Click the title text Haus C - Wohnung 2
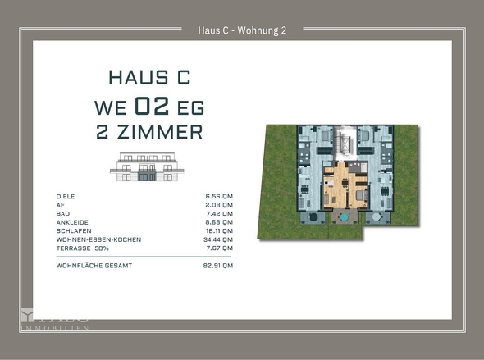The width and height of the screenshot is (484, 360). pyautogui.click(x=241, y=31)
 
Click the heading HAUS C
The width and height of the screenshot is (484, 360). pyautogui.click(x=149, y=78)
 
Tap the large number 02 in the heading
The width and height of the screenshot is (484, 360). pyautogui.click(x=149, y=106)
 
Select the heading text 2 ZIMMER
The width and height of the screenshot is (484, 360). pyautogui.click(x=149, y=131)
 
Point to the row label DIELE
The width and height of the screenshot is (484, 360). pyautogui.click(x=66, y=197)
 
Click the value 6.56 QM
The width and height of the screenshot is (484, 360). pyautogui.click(x=219, y=197)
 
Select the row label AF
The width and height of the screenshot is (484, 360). pyautogui.click(x=60, y=205)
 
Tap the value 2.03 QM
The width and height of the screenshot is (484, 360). pyautogui.click(x=219, y=205)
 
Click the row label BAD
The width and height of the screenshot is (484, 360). pyautogui.click(x=62, y=213)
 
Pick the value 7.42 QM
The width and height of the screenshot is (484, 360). pyautogui.click(x=219, y=213)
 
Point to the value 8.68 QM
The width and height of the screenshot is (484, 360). pyautogui.click(x=219, y=222)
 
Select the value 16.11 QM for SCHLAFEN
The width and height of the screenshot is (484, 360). pyautogui.click(x=219, y=230)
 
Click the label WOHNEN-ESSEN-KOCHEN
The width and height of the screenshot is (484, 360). pyautogui.click(x=98, y=239)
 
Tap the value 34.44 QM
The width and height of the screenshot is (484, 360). pyautogui.click(x=218, y=239)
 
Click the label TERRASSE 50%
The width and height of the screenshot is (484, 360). pyautogui.click(x=82, y=248)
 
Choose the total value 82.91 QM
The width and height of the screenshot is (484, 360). pyautogui.click(x=218, y=266)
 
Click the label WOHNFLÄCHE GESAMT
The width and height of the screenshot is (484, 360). pyautogui.click(x=94, y=266)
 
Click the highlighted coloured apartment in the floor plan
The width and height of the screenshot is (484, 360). pyautogui.click(x=343, y=188)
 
